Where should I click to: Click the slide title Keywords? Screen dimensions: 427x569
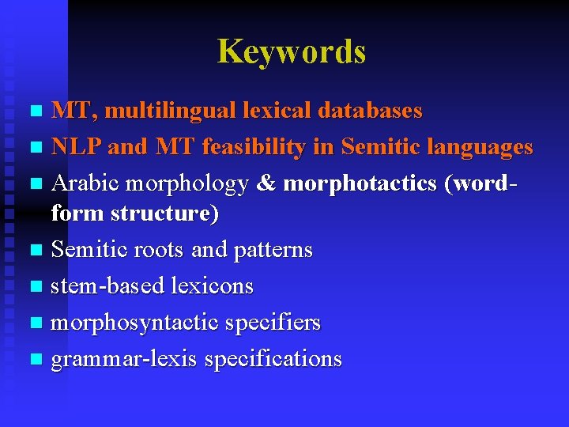[x=292, y=52]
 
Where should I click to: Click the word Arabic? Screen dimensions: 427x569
[x=85, y=183]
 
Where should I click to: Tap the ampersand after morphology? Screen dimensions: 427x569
[x=266, y=183]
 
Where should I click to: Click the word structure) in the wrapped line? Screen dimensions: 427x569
[x=165, y=213]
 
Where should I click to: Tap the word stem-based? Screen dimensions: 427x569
[x=107, y=286]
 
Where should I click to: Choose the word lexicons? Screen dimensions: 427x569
[x=212, y=286]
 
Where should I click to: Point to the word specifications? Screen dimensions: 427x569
[x=273, y=359]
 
